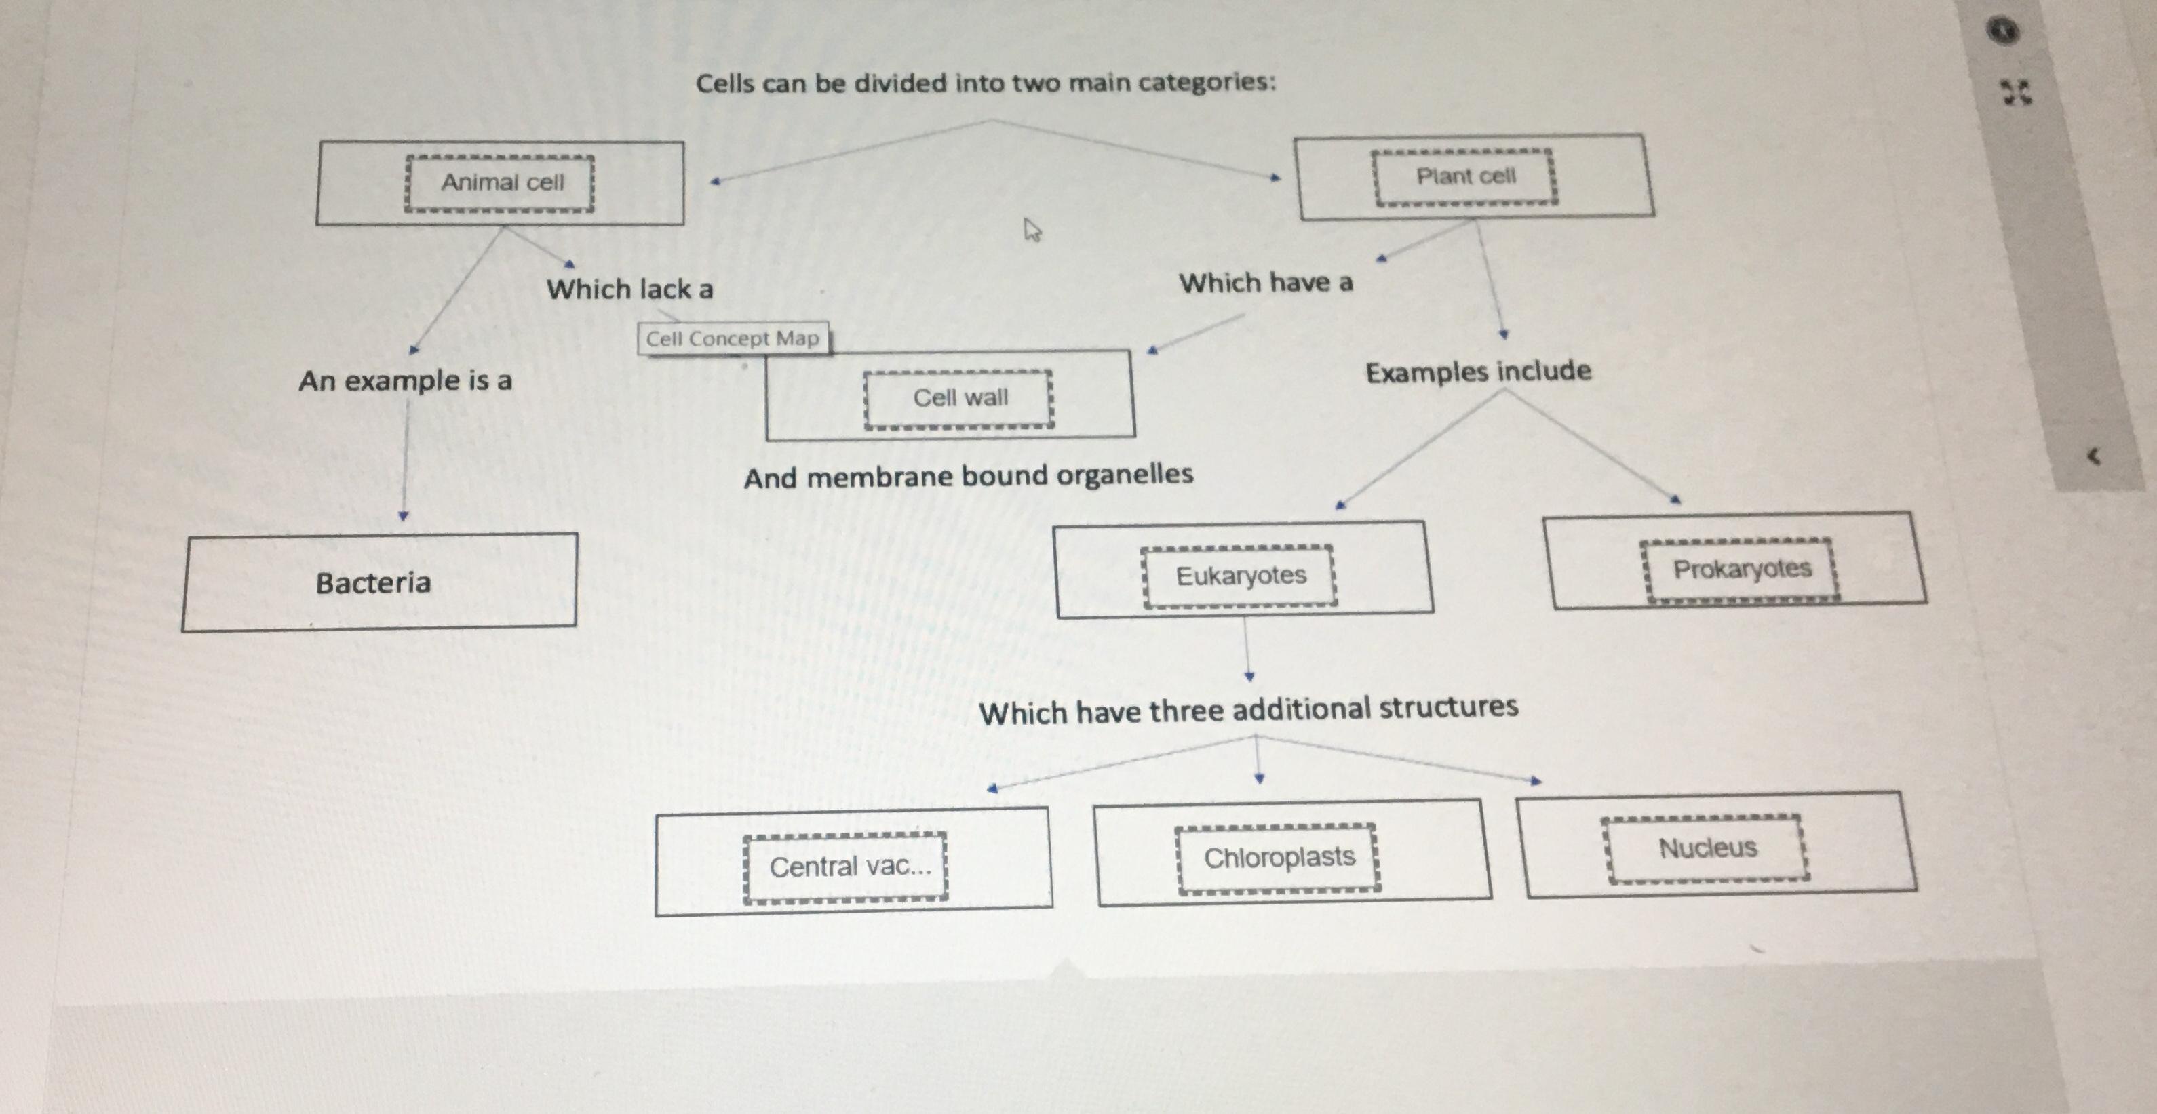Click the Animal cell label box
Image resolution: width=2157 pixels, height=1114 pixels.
tap(500, 182)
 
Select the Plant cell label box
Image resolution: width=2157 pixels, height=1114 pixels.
tap(1464, 176)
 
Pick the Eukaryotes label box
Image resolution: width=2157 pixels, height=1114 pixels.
tap(1239, 576)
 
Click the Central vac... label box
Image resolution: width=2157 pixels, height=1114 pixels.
tap(846, 867)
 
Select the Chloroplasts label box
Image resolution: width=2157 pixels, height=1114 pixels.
tap(1278, 858)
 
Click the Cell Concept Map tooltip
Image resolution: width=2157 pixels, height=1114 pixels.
tap(733, 339)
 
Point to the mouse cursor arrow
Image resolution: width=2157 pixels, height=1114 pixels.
tap(1032, 229)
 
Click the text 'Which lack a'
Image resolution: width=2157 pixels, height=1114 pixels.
tap(629, 290)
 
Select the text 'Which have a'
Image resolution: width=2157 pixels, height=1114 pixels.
tap(1265, 283)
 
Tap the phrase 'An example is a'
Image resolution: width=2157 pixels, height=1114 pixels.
tap(405, 382)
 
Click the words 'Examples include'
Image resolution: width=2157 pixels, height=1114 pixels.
tap(1478, 372)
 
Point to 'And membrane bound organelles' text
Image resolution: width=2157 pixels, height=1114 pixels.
tap(968, 476)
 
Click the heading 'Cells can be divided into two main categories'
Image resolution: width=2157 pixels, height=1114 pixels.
tap(986, 83)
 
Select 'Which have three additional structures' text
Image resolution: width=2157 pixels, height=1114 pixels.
tap(1247, 711)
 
